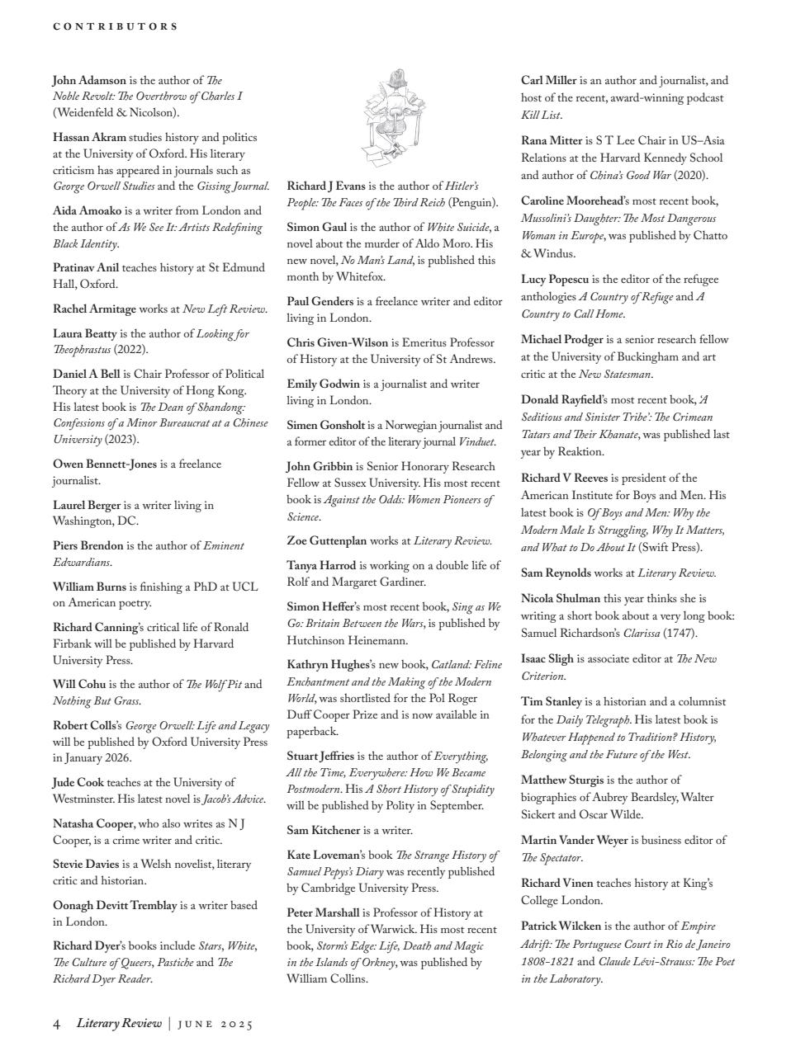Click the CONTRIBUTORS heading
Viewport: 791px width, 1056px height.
coord(116,26)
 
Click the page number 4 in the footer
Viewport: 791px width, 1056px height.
coord(57,1024)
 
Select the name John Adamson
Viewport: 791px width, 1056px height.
coord(89,80)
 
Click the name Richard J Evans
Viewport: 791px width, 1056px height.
coord(326,186)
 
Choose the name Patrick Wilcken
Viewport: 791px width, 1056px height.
coord(561,926)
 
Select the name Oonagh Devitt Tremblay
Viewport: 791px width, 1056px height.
coord(115,905)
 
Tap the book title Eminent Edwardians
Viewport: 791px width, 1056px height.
coord(223,545)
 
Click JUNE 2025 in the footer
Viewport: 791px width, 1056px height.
coord(216,1025)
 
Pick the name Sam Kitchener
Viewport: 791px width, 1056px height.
coord(323,830)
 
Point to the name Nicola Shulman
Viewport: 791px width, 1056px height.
coord(561,598)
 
